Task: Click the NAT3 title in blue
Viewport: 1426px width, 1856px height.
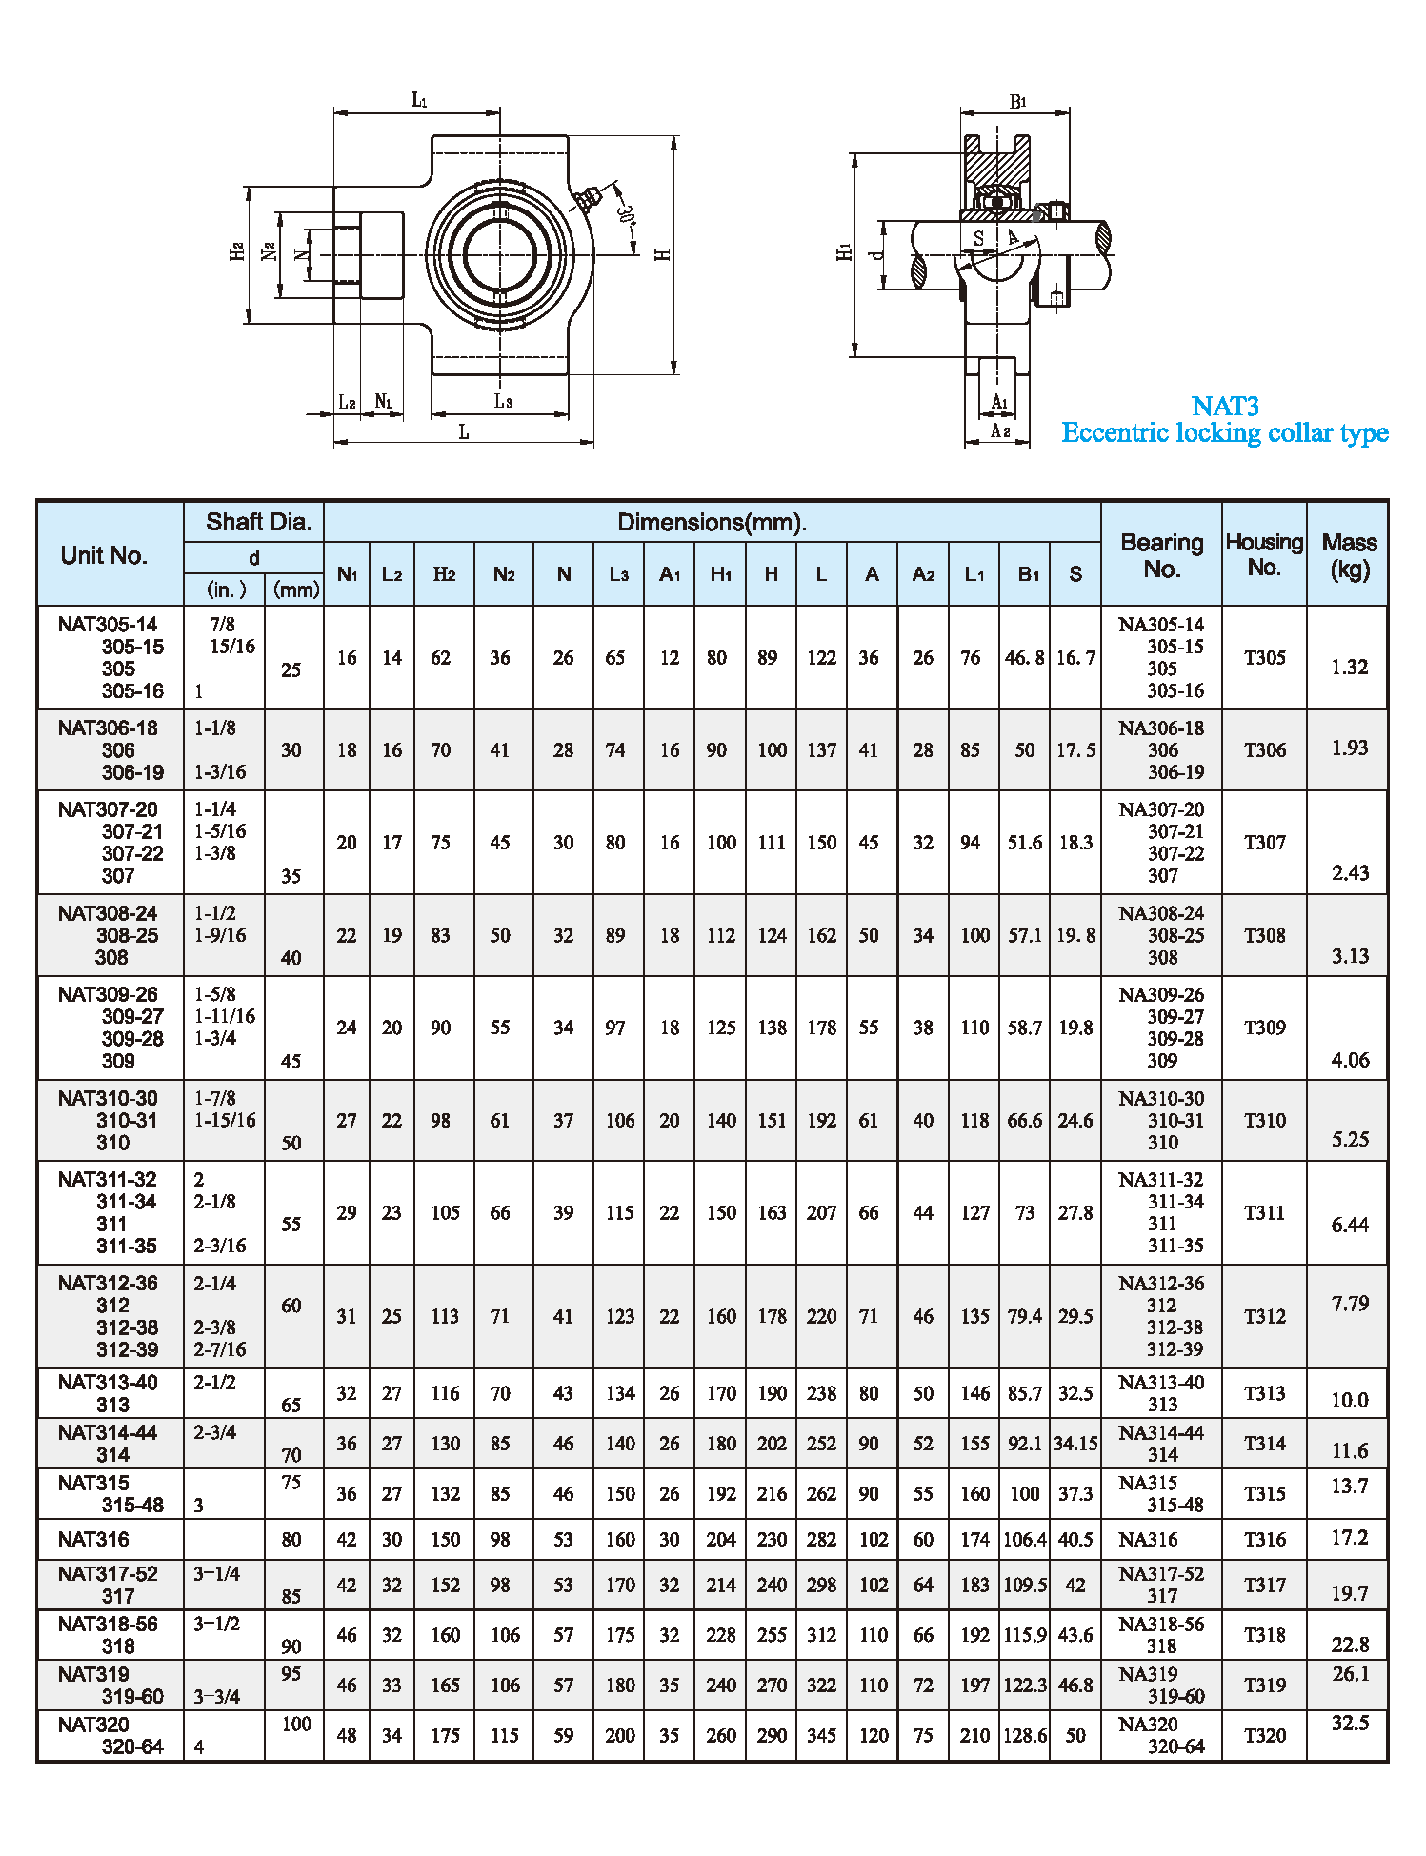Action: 1225,407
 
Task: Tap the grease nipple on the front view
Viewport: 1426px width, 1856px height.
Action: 587,199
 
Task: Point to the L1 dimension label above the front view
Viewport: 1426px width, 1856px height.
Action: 419,100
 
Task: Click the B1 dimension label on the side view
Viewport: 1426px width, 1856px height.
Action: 1017,102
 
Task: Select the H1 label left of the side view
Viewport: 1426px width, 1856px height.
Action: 844,251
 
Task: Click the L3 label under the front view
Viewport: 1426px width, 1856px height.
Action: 503,402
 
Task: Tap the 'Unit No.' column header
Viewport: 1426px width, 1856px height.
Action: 104,555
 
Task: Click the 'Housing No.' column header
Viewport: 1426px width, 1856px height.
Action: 1263,554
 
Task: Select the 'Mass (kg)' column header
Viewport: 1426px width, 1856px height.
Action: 1349,555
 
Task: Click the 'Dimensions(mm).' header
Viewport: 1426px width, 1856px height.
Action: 712,522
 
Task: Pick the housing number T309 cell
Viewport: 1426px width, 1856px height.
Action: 1264,1028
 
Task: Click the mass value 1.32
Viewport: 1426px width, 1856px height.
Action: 1349,668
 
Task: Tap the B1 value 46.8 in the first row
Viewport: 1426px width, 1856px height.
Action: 1024,658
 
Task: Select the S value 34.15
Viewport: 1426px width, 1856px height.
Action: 1075,1444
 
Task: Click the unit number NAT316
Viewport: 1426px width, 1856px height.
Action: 93,1540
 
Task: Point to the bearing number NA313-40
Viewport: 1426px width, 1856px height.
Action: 1161,1383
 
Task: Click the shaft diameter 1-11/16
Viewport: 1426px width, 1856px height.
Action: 225,1016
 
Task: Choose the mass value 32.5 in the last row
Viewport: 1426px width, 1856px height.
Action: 1350,1724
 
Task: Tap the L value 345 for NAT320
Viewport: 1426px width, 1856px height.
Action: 821,1736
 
